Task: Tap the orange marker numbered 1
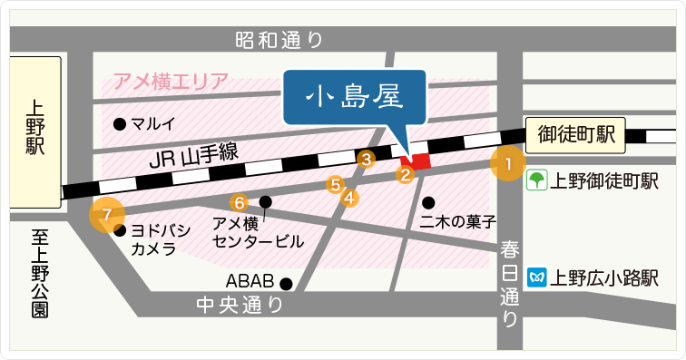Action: pyautogui.click(x=508, y=164)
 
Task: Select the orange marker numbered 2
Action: pyautogui.click(x=407, y=173)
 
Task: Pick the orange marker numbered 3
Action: pyautogui.click(x=367, y=160)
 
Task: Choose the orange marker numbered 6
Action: pyautogui.click(x=240, y=202)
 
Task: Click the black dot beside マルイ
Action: pyautogui.click(x=118, y=123)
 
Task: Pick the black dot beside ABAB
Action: pyautogui.click(x=286, y=282)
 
